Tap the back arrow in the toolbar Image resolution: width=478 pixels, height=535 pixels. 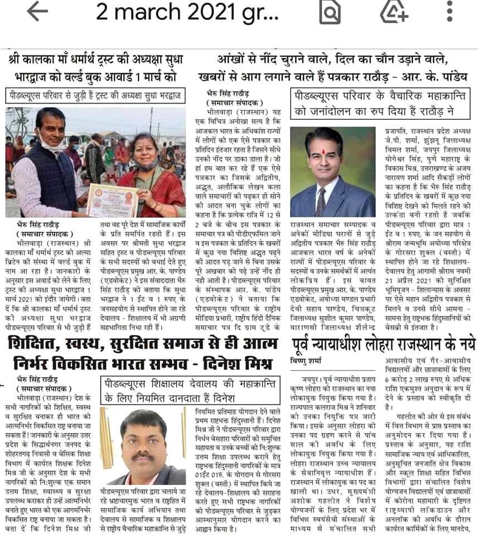coord(37,12)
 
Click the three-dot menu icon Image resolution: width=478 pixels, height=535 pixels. coord(450,11)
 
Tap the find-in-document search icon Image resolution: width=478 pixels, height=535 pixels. coord(330,11)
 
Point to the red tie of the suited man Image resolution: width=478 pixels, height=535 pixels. coord(321,200)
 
